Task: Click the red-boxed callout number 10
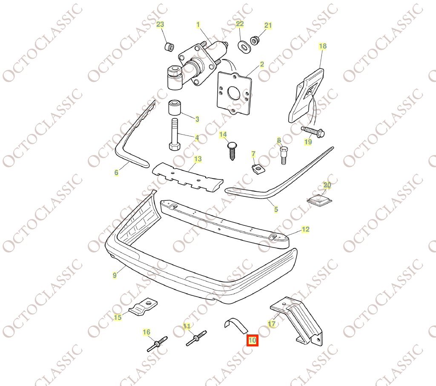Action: pyautogui.click(x=252, y=340)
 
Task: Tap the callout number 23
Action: pyautogui.click(x=160, y=24)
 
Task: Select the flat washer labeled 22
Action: pyautogui.click(x=244, y=47)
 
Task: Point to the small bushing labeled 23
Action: pyautogui.click(x=169, y=47)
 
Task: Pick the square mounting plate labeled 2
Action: pyautogui.click(x=234, y=93)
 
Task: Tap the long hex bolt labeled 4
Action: pyautogui.click(x=174, y=135)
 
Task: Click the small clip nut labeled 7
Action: pyautogui.click(x=256, y=168)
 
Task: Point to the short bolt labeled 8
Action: pyautogui.click(x=283, y=155)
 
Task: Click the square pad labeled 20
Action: pyautogui.click(x=320, y=199)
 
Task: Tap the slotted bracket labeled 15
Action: pyautogui.click(x=143, y=307)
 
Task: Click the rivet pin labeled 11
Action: pyautogui.click(x=196, y=338)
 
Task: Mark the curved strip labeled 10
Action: pyautogui.click(x=236, y=326)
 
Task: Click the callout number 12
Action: pyautogui.click(x=305, y=229)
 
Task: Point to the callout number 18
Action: pyautogui.click(x=323, y=46)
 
